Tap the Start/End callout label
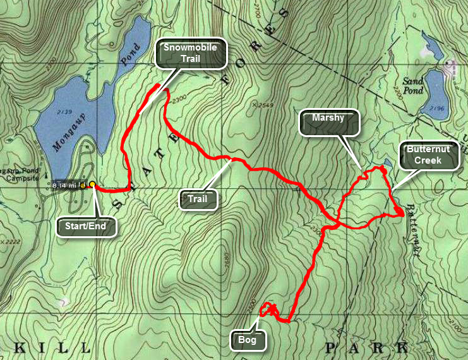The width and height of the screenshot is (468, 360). [x=87, y=225]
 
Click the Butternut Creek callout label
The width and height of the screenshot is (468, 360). [x=428, y=155]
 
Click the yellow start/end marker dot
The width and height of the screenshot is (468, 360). [x=92, y=184]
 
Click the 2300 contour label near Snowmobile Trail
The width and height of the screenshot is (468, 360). [x=179, y=99]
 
